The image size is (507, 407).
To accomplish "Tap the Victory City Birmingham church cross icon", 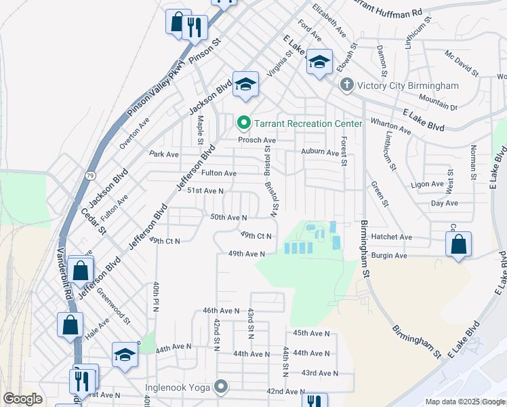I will (x=346, y=85).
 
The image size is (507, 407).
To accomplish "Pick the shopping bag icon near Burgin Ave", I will (x=458, y=244).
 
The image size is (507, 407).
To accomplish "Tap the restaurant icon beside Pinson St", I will (x=195, y=28).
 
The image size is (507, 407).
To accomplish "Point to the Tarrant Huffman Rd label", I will (x=387, y=8).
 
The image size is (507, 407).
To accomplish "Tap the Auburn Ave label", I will (x=319, y=153).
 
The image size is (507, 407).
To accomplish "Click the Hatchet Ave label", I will (x=392, y=237).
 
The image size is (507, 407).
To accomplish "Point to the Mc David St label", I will (x=462, y=63).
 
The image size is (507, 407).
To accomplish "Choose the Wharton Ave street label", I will (x=392, y=125).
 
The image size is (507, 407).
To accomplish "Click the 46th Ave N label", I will (x=222, y=310).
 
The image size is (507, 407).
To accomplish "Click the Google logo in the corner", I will (x=22, y=399).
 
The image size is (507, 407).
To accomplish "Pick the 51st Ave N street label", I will (x=205, y=191).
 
